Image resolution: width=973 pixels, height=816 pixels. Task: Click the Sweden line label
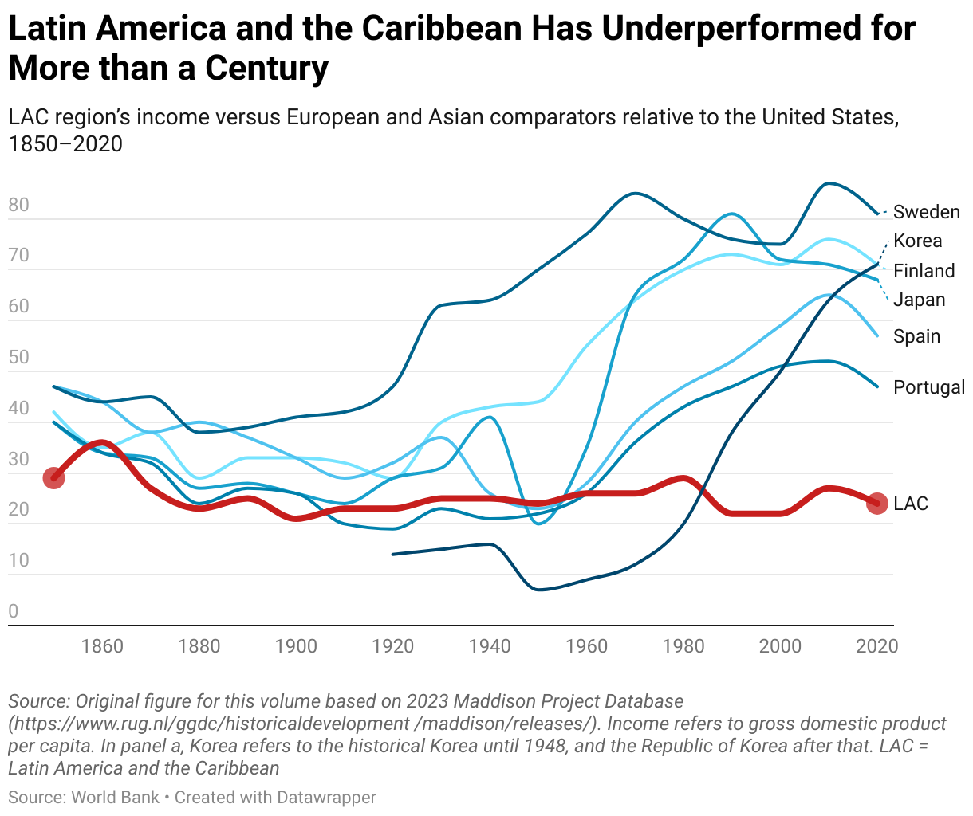pos(926,212)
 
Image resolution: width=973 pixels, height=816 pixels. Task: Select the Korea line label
pos(917,241)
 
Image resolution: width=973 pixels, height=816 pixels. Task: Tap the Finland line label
pos(924,271)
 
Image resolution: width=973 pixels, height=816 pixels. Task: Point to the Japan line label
pos(919,300)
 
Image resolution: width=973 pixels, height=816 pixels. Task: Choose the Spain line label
pos(916,336)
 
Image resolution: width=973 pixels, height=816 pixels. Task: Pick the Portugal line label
pos(929,387)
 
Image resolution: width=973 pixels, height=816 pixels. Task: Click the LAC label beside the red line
pos(911,504)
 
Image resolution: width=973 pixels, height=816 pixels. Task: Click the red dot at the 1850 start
pos(53,478)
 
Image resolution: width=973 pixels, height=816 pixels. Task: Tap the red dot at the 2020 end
pos(877,504)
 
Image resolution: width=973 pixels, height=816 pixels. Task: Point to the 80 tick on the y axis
pos(18,205)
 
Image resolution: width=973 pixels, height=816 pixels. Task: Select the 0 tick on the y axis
pos(14,611)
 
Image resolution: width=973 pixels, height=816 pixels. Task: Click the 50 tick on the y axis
pos(18,357)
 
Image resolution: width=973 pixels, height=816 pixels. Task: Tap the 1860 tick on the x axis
pos(102,645)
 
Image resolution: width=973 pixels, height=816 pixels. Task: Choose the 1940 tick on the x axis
pos(490,645)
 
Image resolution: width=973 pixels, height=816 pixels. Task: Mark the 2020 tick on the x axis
pos(877,645)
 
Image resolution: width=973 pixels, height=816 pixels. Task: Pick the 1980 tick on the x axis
pos(683,645)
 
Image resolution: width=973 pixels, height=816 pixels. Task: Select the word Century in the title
pos(266,69)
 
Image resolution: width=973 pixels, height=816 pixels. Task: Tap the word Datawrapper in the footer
pos(326,797)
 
